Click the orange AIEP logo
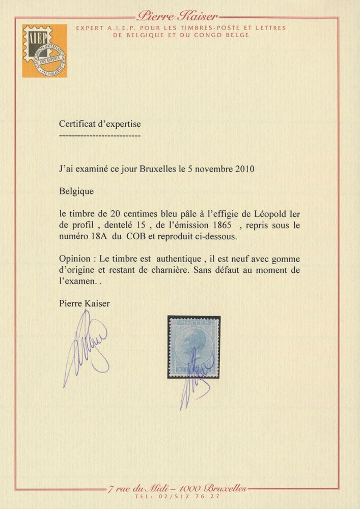point(44,51)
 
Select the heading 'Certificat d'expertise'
point(100,124)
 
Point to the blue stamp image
point(194,351)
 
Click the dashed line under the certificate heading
point(100,136)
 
